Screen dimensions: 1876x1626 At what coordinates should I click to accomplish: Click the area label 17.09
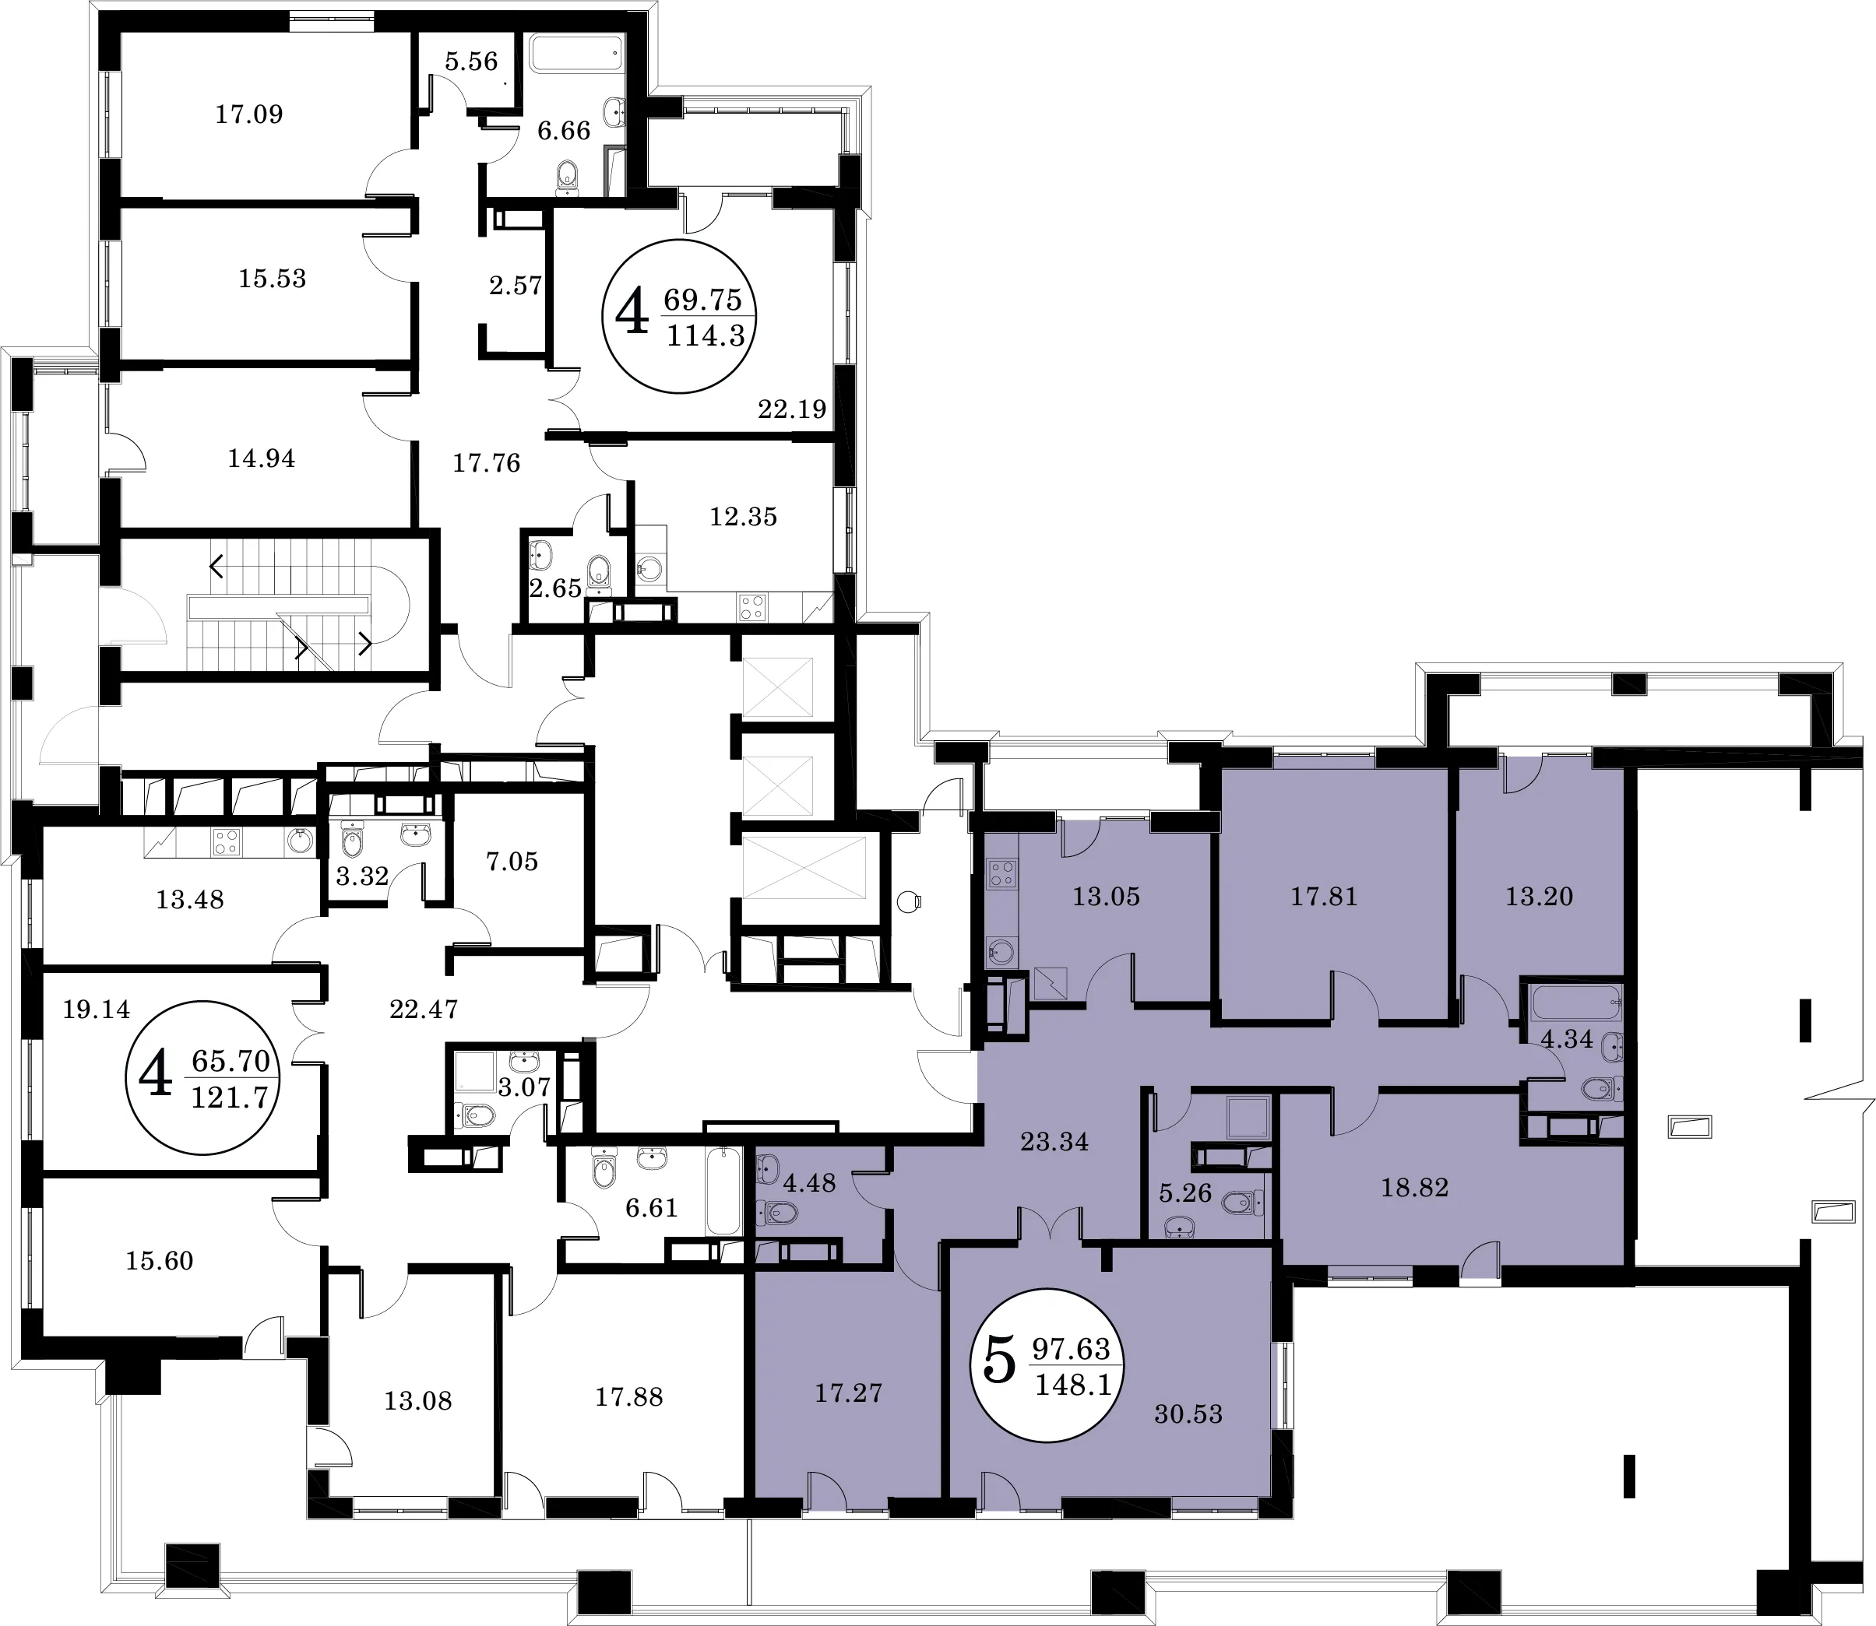[248, 114]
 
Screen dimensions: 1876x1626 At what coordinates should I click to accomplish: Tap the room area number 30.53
[1188, 1414]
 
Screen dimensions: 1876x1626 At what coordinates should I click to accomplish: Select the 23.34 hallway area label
[1054, 1141]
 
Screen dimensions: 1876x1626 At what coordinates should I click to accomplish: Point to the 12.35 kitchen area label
[744, 516]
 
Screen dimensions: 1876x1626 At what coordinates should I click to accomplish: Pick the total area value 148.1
[1074, 1385]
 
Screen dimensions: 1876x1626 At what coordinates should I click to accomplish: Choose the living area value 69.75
[702, 299]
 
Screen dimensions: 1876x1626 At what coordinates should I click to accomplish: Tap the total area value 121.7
[231, 1099]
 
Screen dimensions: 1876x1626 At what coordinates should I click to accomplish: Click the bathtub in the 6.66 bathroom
[577, 54]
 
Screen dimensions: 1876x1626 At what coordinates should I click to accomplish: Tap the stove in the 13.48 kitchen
[227, 843]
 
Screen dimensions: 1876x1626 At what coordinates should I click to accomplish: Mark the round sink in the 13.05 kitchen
[1002, 952]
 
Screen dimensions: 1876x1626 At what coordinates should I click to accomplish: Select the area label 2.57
[516, 286]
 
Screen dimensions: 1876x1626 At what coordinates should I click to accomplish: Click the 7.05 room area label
[512, 861]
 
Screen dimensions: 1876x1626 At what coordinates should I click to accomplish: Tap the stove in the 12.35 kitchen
[753, 606]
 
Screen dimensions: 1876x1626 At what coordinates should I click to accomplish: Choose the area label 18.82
[1414, 1187]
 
